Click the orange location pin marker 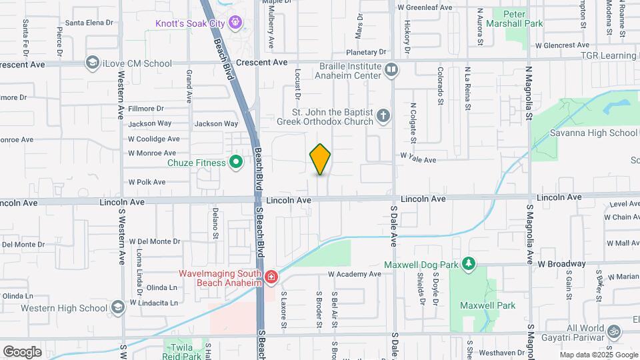[x=320, y=159]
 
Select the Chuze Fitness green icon [x=235, y=161]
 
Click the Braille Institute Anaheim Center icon [x=391, y=69]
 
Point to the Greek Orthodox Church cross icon [x=383, y=117]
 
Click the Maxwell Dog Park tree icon [x=469, y=265]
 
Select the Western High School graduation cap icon [x=117, y=307]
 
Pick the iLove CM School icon [x=93, y=63]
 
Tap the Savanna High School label [x=593, y=133]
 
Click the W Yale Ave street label [x=418, y=160]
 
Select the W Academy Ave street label [x=354, y=274]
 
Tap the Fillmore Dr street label [x=146, y=108]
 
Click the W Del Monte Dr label [x=155, y=241]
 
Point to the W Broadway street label [x=561, y=263]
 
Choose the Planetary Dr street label [x=366, y=52]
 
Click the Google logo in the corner [x=22, y=351]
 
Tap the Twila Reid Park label [x=183, y=351]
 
